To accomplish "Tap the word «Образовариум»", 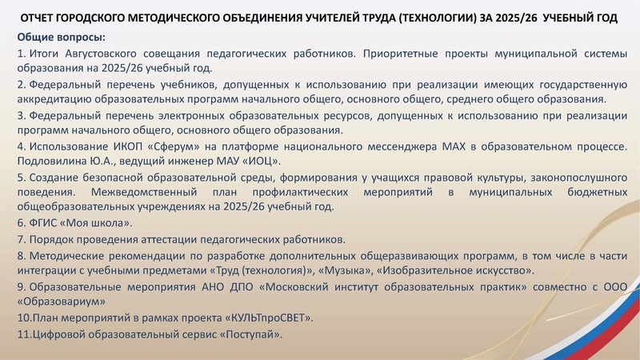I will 60,302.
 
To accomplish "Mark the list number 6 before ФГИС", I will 21,224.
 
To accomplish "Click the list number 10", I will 23,318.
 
